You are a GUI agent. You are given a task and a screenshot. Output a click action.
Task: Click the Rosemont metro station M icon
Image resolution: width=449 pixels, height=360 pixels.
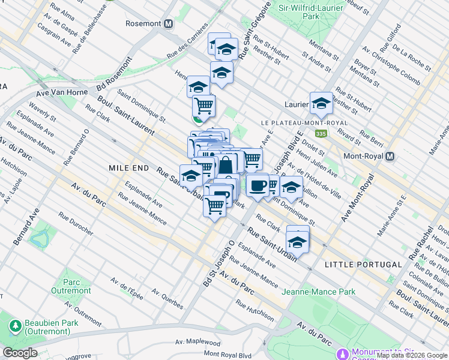pyautogui.click(x=169, y=24)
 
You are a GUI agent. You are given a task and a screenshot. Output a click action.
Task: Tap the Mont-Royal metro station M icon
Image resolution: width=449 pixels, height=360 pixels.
pyautogui.click(x=390, y=156)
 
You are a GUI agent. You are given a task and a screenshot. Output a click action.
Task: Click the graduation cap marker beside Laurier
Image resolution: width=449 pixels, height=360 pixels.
pyautogui.click(x=321, y=103)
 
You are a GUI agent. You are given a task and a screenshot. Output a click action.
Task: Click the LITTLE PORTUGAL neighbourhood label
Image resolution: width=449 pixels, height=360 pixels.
pyautogui.click(x=363, y=265)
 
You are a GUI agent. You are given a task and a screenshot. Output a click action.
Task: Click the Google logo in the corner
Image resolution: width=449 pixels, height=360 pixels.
pyautogui.click(x=20, y=352)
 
